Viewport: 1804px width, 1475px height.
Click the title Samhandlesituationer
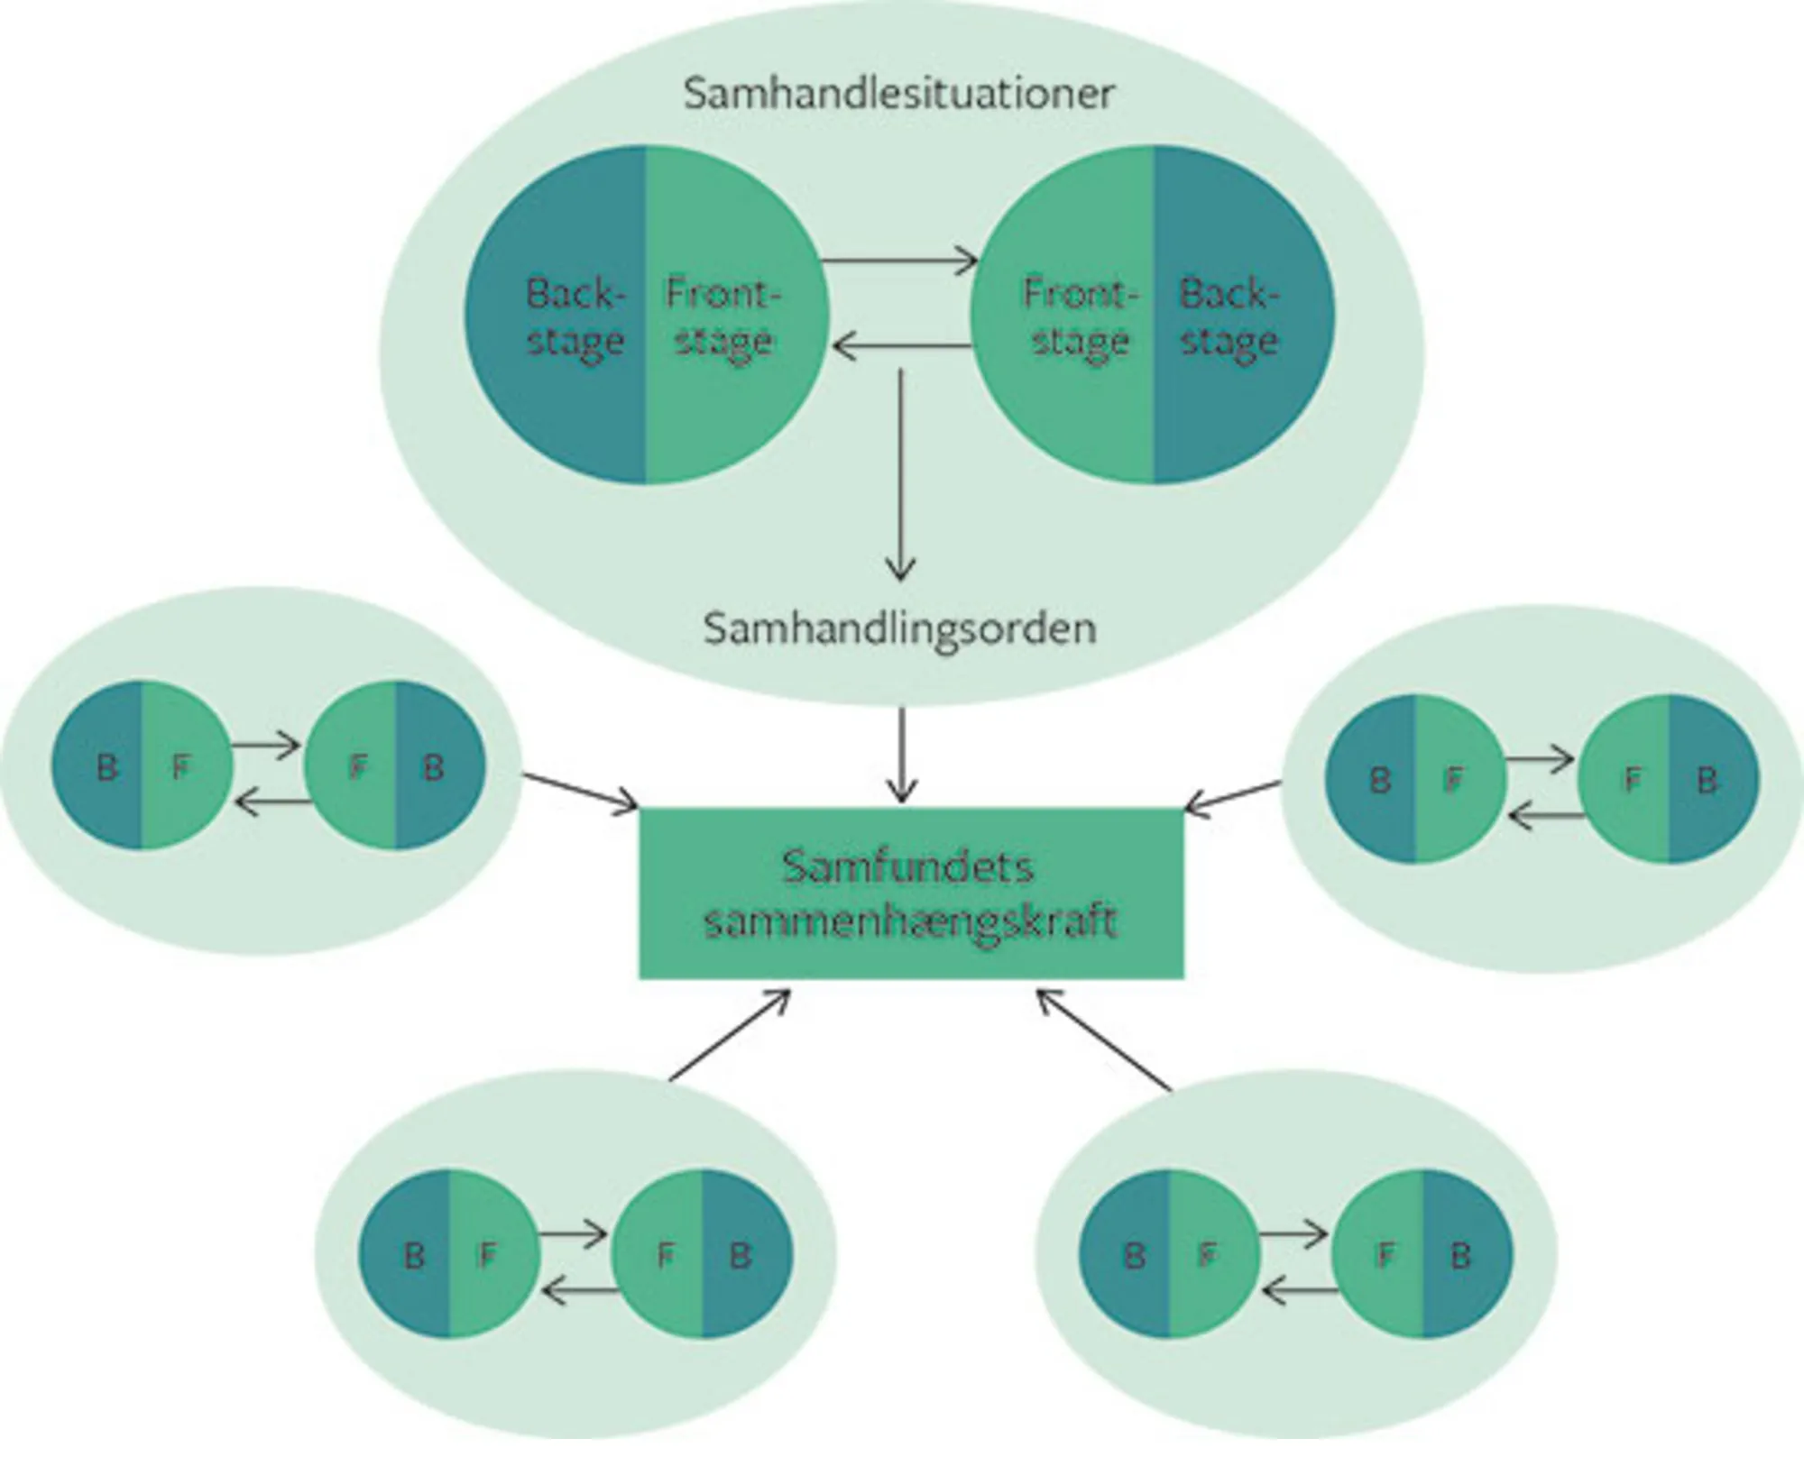click(898, 94)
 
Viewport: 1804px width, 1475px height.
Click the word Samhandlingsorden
click(899, 628)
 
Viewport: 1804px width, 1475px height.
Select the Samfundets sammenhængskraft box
click(910, 893)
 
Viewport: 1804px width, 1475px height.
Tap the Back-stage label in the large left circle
click(575, 317)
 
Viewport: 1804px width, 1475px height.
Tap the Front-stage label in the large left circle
click(723, 317)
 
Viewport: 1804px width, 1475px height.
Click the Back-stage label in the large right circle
click(1229, 317)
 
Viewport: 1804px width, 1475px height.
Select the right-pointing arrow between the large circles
click(899, 262)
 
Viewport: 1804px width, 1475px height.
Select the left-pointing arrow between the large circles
click(899, 345)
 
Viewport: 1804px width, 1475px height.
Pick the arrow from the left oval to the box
click(580, 789)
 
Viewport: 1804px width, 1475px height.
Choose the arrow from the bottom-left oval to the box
click(729, 1036)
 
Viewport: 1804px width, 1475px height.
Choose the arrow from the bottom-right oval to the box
click(1105, 1041)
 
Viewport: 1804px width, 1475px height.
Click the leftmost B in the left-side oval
click(106, 767)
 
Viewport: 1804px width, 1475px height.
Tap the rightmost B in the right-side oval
click(1707, 780)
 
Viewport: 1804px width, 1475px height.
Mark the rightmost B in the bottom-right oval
click(1460, 1255)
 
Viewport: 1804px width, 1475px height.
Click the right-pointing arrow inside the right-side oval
click(1539, 760)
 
